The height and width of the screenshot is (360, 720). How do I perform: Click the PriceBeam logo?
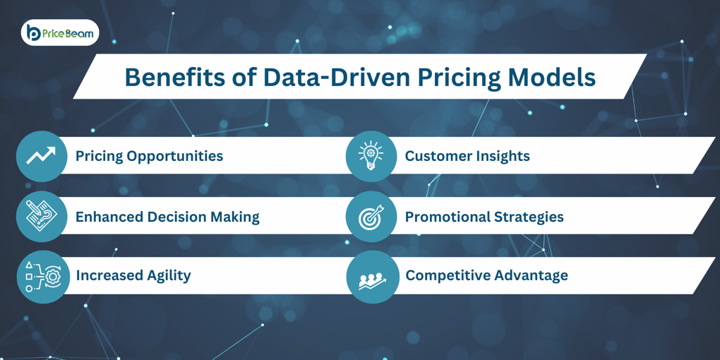(x=60, y=32)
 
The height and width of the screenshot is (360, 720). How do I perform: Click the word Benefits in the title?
(x=174, y=77)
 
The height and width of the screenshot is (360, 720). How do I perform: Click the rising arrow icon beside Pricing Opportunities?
(x=41, y=156)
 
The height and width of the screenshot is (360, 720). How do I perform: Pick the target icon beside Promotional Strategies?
(x=371, y=217)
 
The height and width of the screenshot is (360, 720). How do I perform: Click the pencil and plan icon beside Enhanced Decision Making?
(x=42, y=217)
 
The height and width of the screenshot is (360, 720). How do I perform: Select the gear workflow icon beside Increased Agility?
(x=42, y=277)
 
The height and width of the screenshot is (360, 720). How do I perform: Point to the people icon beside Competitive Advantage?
(x=372, y=277)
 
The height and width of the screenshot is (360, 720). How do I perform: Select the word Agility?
(x=164, y=275)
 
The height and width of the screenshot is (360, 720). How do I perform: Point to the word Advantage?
(x=530, y=275)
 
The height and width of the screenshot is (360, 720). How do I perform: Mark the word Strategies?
(x=530, y=217)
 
